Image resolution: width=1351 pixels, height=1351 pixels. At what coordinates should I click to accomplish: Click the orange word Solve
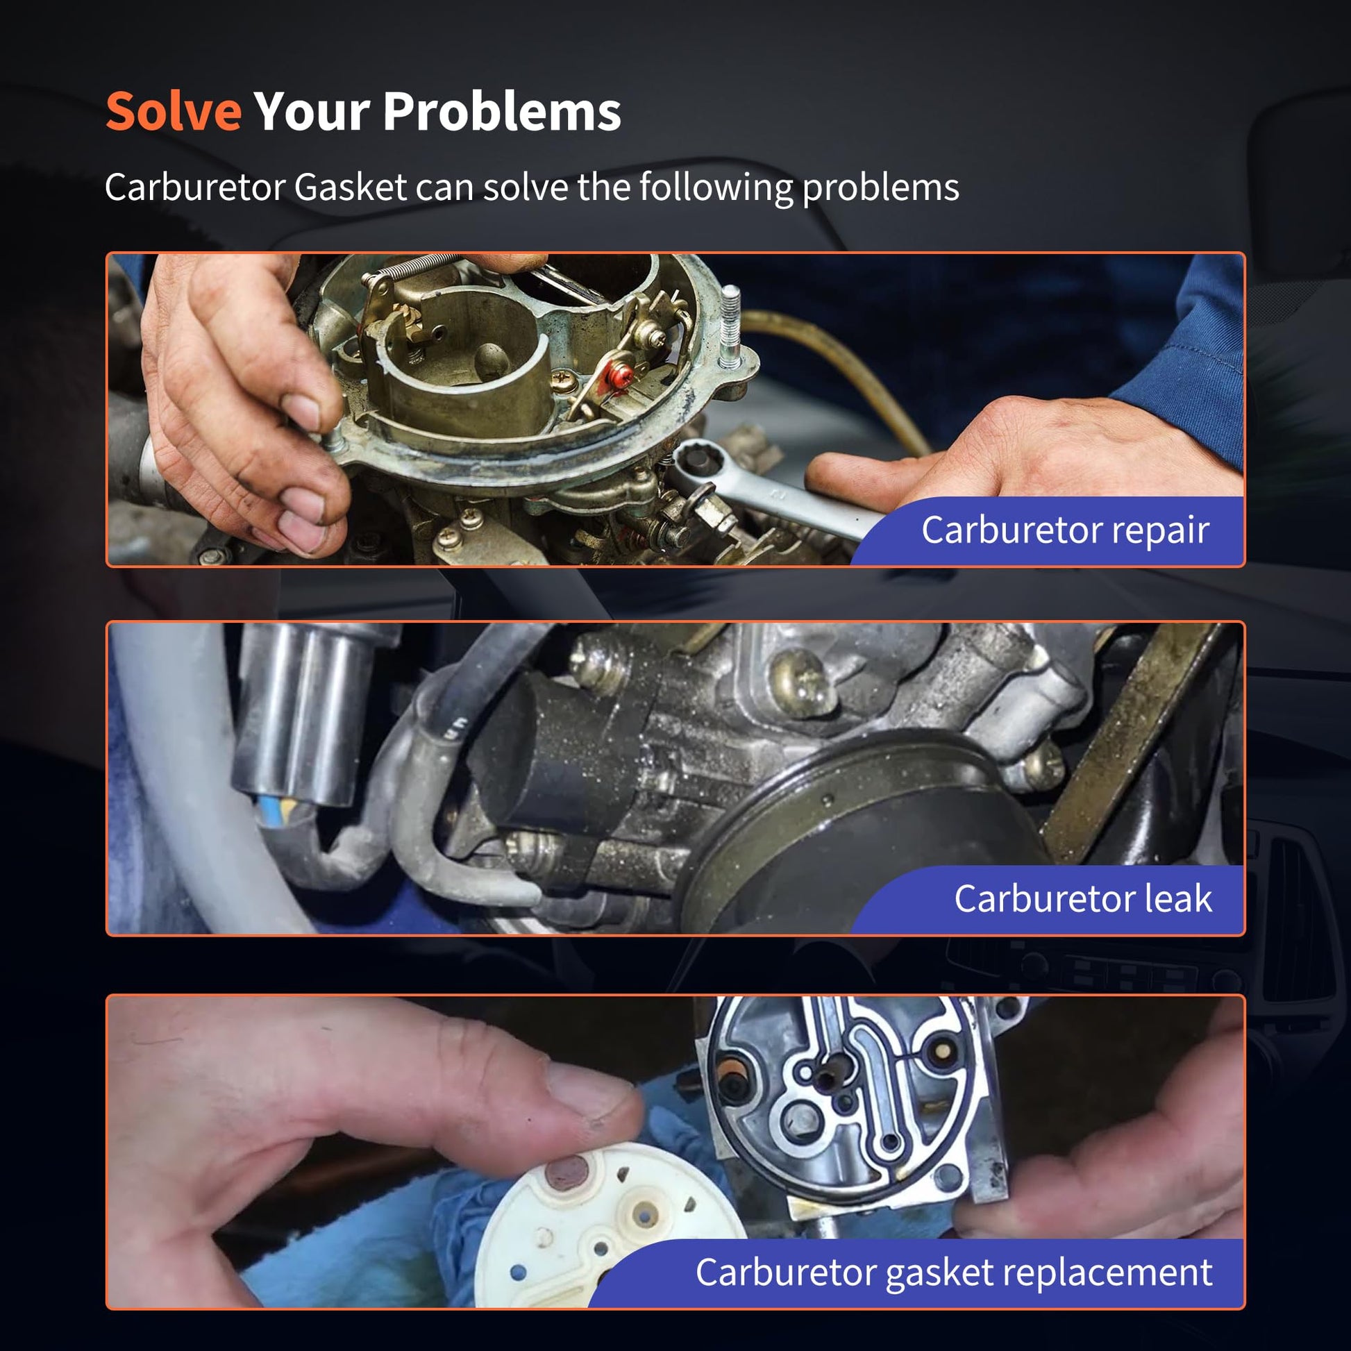click(174, 111)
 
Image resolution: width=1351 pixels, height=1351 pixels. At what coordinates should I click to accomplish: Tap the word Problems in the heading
click(502, 111)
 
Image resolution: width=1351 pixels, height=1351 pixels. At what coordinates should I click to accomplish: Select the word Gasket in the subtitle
click(351, 187)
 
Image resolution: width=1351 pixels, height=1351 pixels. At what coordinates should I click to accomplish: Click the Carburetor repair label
click(1065, 530)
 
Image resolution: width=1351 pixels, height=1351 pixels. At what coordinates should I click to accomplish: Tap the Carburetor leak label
click(1083, 898)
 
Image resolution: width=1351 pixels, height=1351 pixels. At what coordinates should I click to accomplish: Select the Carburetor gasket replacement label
click(954, 1272)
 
